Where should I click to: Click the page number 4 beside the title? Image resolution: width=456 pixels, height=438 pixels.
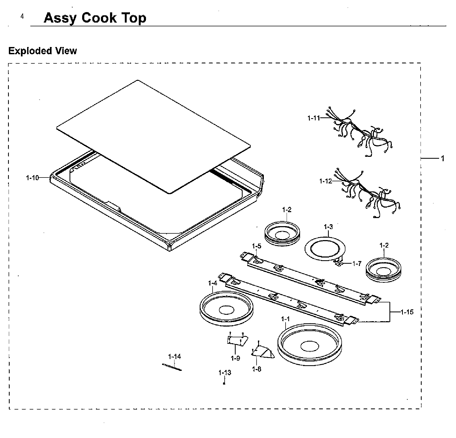tap(22, 17)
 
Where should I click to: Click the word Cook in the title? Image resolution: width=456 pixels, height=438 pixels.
tap(99, 18)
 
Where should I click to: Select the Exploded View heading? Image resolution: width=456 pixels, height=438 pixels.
tap(42, 51)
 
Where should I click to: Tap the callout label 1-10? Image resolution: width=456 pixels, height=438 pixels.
tap(32, 178)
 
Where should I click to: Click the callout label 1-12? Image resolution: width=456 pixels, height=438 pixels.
tap(326, 181)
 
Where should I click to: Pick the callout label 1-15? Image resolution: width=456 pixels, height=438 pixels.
tap(407, 312)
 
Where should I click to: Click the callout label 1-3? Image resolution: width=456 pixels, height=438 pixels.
tap(328, 227)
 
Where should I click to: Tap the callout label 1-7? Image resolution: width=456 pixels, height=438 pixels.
tap(357, 263)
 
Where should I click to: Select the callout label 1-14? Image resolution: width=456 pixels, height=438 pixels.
tap(174, 357)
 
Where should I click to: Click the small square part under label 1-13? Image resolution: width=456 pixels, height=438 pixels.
tap(224, 383)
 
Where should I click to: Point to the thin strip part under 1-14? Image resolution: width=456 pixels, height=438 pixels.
tap(172, 367)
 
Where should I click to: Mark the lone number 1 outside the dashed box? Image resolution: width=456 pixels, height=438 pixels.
tap(443, 158)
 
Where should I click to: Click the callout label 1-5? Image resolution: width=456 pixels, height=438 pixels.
tap(256, 246)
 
